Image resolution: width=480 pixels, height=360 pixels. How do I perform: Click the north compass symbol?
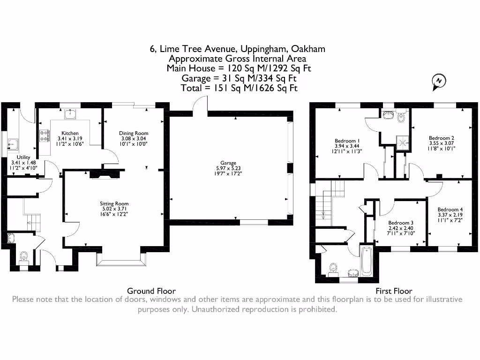click(439, 82)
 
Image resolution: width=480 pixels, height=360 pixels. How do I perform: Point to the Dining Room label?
click(134, 133)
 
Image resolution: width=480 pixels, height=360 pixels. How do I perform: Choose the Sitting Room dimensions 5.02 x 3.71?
click(114, 209)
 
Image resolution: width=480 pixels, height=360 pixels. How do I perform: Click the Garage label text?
click(229, 163)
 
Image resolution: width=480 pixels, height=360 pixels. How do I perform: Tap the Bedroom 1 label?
click(347, 141)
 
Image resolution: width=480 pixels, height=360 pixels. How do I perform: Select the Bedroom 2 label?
click(441, 138)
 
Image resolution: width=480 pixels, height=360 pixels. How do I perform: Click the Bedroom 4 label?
click(450, 210)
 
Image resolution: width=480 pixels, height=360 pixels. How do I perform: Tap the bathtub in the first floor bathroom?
click(366, 262)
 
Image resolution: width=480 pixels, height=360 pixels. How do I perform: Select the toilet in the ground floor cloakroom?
click(24, 257)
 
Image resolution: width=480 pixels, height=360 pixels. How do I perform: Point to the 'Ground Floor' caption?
click(151, 291)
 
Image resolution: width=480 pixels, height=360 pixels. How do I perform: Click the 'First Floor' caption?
click(394, 291)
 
